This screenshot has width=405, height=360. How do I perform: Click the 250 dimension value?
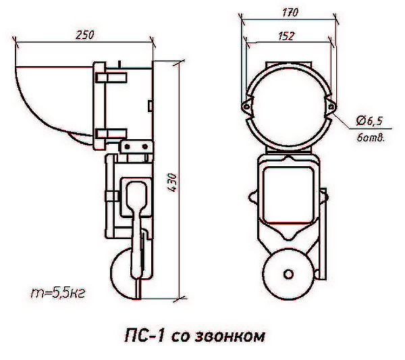pyautogui.click(x=85, y=35)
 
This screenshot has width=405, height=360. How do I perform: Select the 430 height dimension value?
pyautogui.click(x=172, y=182)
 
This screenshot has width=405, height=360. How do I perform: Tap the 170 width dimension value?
pyautogui.click(x=290, y=12)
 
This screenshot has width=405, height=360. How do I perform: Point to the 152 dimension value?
pyautogui.click(x=286, y=36)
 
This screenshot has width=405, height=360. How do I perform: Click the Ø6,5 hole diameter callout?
pyautogui.click(x=369, y=121)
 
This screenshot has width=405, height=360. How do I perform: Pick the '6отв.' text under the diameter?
pyautogui.click(x=371, y=138)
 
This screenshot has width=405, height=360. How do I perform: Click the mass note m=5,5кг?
pyautogui.click(x=58, y=293)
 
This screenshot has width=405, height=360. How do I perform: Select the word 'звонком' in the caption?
pyautogui.click(x=230, y=336)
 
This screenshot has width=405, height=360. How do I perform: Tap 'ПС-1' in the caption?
pyautogui.click(x=144, y=336)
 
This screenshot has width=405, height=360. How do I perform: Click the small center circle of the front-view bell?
pyautogui.click(x=288, y=274)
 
